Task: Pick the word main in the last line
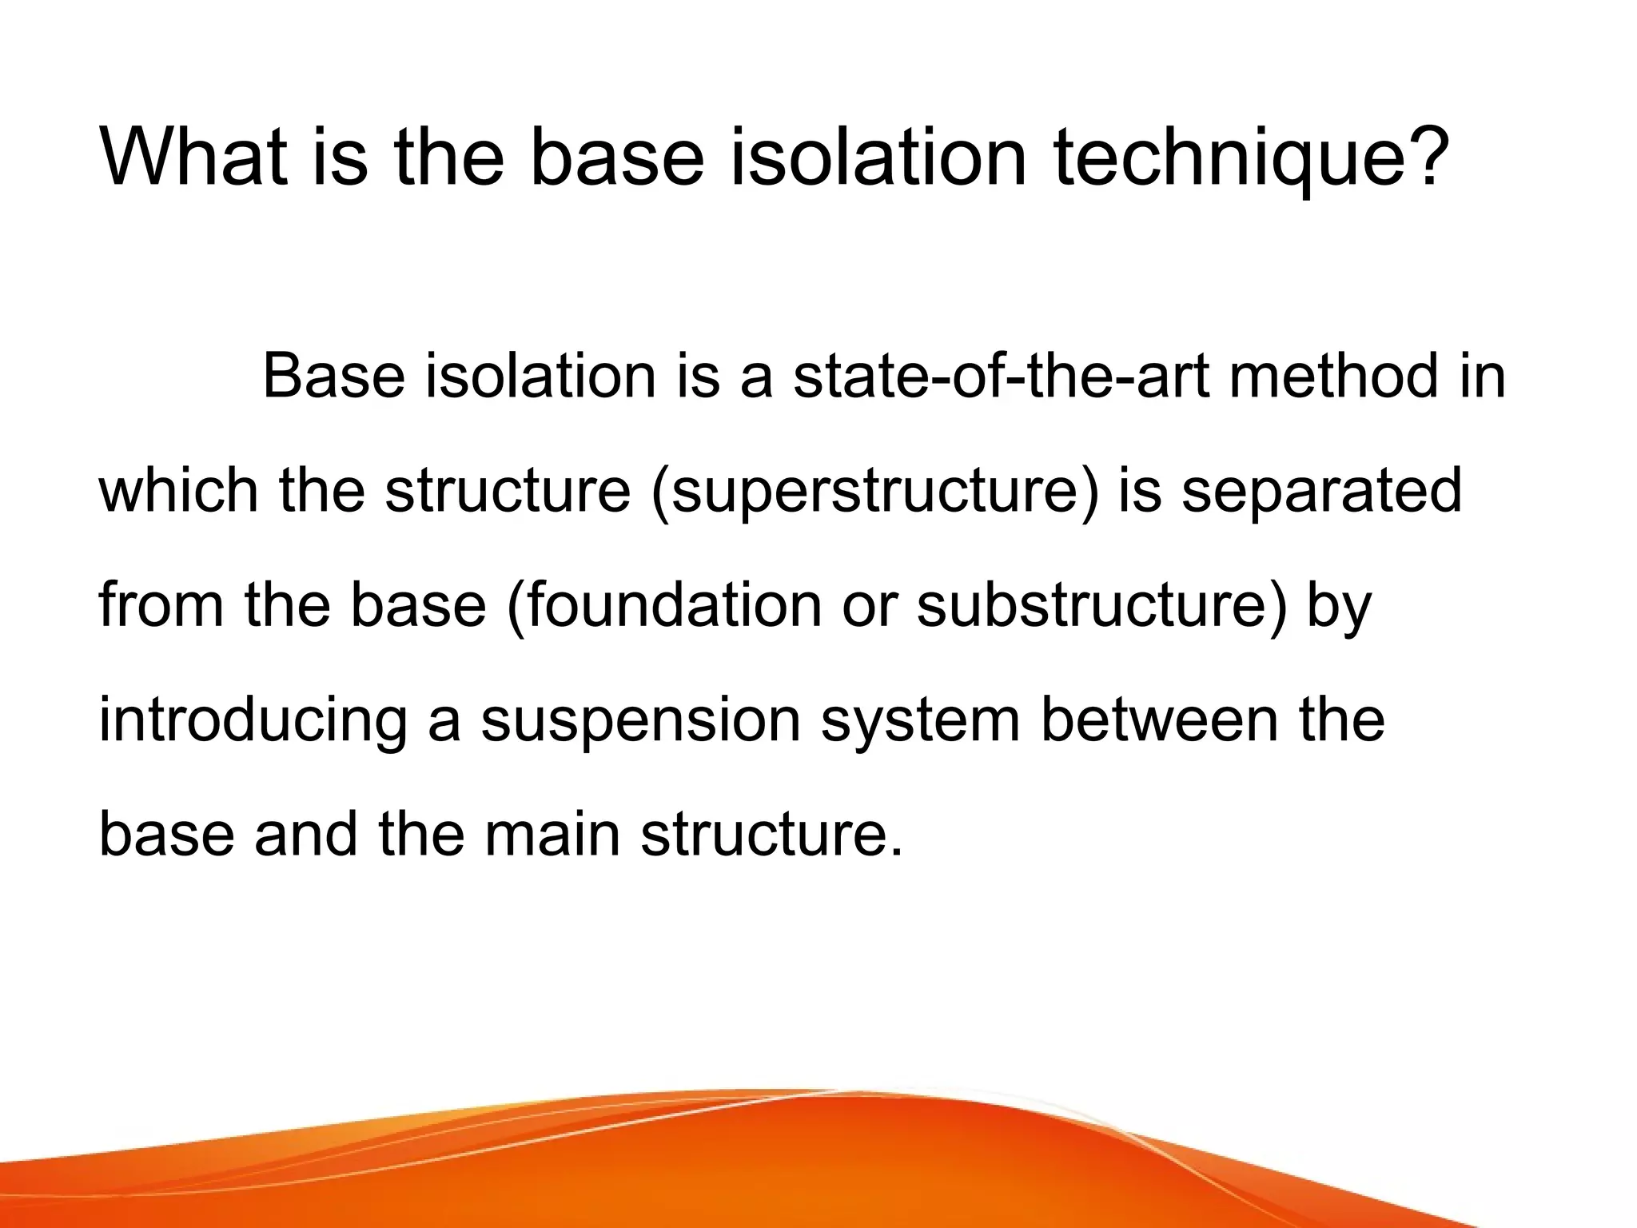(552, 835)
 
